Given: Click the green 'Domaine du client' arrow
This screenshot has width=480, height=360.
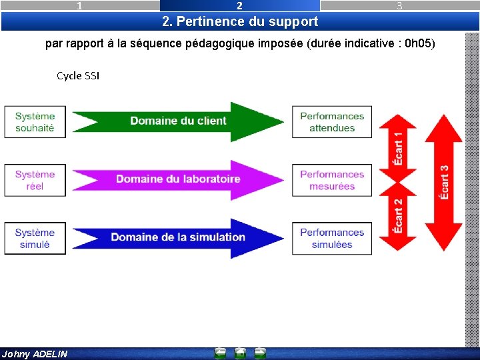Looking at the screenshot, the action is tap(178, 121).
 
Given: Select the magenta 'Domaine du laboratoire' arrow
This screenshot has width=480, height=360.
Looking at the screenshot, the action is tap(178, 179).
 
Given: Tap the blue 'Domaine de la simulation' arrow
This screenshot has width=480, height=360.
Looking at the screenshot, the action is tap(178, 237).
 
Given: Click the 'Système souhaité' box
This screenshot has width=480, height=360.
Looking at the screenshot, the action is tap(35, 122).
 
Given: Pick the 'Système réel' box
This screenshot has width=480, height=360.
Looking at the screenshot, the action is tap(35, 180).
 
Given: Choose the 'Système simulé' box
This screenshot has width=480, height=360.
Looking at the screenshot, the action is tap(35, 238).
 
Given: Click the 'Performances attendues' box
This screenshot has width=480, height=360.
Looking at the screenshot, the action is tap(332, 122).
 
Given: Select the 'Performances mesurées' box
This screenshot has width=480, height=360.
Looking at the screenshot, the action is tap(332, 180).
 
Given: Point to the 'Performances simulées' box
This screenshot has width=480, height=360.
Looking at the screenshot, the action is tap(332, 238).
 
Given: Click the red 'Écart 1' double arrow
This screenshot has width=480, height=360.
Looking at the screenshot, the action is tap(398, 148).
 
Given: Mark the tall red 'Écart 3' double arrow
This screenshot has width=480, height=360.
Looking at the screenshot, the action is tap(444, 182).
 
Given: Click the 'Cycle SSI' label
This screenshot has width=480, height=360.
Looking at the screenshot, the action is tap(78, 76).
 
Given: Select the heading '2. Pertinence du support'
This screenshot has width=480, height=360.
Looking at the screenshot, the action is tap(240, 21).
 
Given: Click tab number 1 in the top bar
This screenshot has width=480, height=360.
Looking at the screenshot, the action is tap(80, 6).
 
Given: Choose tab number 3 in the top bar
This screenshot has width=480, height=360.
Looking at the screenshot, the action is tap(399, 6).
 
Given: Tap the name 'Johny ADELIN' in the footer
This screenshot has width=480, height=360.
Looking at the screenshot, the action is tap(35, 354).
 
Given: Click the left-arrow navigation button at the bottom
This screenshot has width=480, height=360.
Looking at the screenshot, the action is tap(221, 353).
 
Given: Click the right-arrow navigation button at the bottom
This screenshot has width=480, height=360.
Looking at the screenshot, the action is tap(260, 353).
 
